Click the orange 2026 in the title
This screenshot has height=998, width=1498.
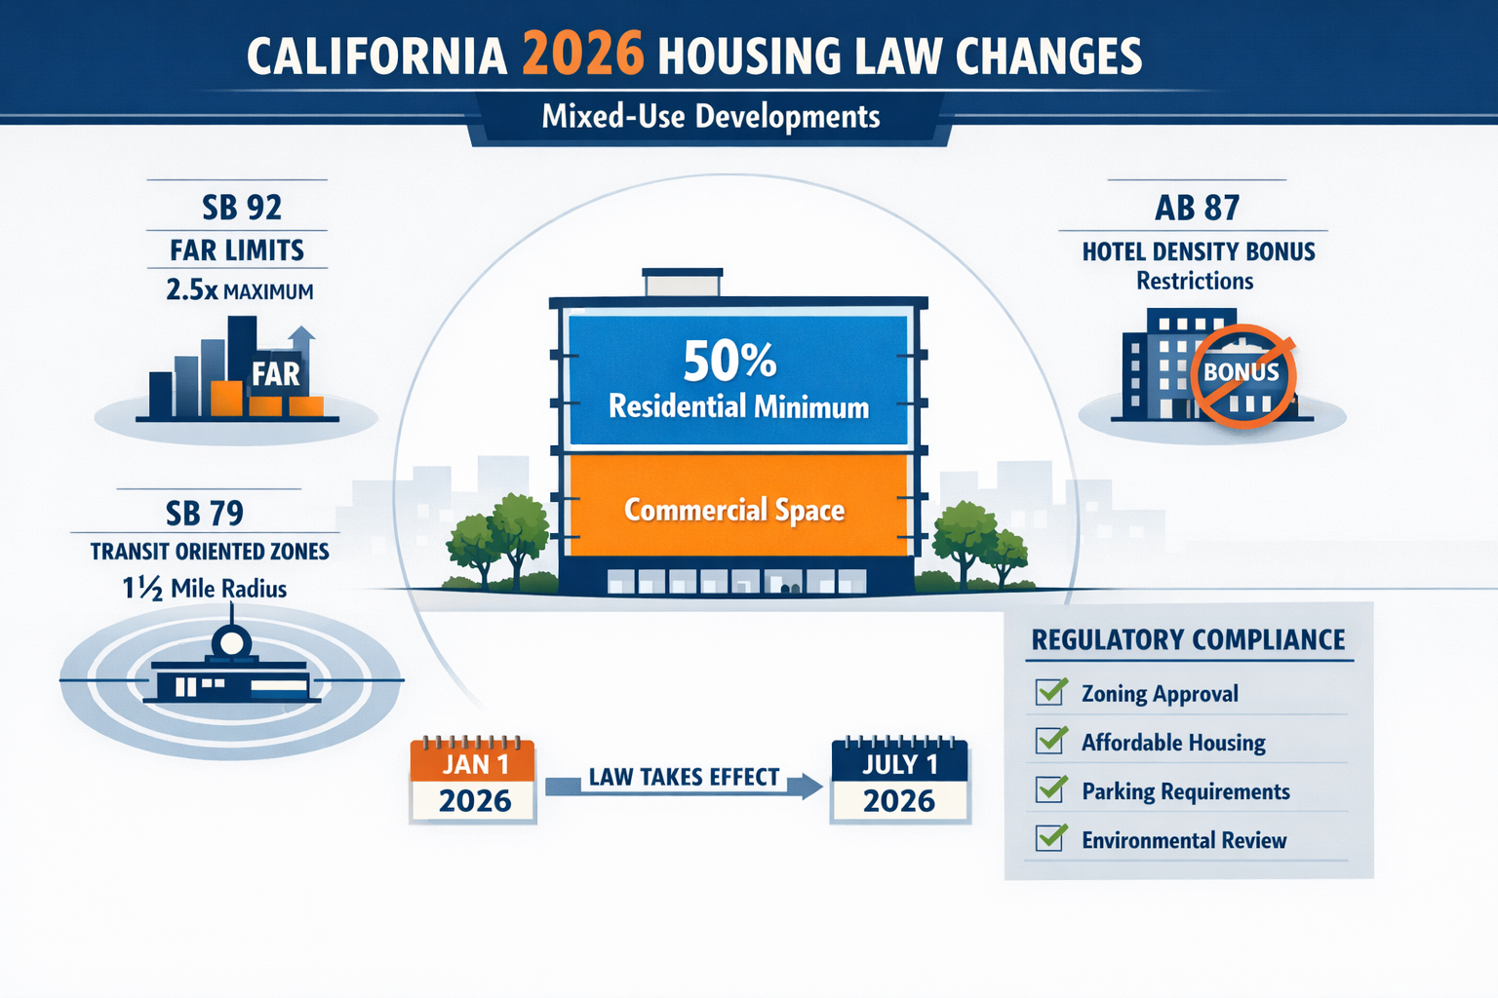pyautogui.click(x=582, y=54)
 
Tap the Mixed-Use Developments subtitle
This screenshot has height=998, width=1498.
pyautogui.click(x=711, y=117)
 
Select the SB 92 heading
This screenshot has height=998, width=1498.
pyautogui.click(x=241, y=208)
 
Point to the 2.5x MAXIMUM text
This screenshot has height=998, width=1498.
pyautogui.click(x=240, y=290)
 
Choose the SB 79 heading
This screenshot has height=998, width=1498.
pyautogui.click(x=204, y=513)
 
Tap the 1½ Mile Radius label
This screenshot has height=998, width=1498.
pyautogui.click(x=205, y=589)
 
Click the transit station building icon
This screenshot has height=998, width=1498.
pyautogui.click(x=232, y=673)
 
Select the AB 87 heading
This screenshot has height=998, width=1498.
pyautogui.click(x=1197, y=208)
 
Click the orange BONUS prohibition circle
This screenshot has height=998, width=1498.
pyautogui.click(x=1242, y=376)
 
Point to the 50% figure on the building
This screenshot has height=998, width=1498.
pyautogui.click(x=729, y=361)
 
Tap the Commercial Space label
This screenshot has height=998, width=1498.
pyautogui.click(x=734, y=510)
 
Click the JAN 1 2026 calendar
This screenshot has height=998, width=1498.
pyautogui.click(x=474, y=782)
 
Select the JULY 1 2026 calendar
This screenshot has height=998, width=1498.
pyautogui.click(x=899, y=782)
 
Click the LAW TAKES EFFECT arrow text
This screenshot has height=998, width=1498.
pyautogui.click(x=684, y=777)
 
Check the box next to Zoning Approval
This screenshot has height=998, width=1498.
pyautogui.click(x=1050, y=692)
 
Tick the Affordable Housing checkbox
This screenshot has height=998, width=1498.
pyautogui.click(x=1050, y=741)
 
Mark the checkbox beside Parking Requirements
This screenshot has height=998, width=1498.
pyautogui.click(x=1050, y=789)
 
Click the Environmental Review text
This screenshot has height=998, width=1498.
pyautogui.click(x=1184, y=840)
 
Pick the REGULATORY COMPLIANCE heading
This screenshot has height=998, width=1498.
pyautogui.click(x=1188, y=639)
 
